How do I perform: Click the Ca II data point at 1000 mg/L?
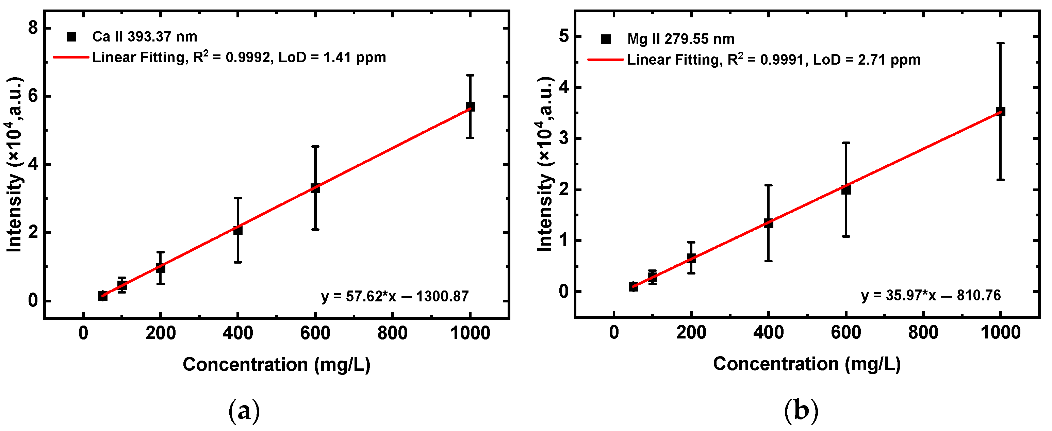point(471,106)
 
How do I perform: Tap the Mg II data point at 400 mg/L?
point(769,223)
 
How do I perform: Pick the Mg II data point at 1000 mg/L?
point(1001,112)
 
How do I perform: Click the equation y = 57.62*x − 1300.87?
point(395,296)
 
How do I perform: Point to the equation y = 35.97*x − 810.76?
point(931,295)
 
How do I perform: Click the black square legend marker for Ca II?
point(71,37)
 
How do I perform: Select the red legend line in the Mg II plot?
point(605,60)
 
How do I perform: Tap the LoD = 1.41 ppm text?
point(332,57)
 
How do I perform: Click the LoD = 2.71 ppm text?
point(867,60)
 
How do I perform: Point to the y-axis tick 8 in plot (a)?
point(33,28)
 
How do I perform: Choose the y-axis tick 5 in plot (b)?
point(563,36)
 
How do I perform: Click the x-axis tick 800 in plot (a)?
point(392,333)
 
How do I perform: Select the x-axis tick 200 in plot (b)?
point(691,333)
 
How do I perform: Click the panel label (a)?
point(244,411)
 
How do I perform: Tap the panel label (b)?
point(801,411)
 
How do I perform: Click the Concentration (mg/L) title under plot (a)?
point(277,364)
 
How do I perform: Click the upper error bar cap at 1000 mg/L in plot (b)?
point(1001,43)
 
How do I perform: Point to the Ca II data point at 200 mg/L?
point(161,268)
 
